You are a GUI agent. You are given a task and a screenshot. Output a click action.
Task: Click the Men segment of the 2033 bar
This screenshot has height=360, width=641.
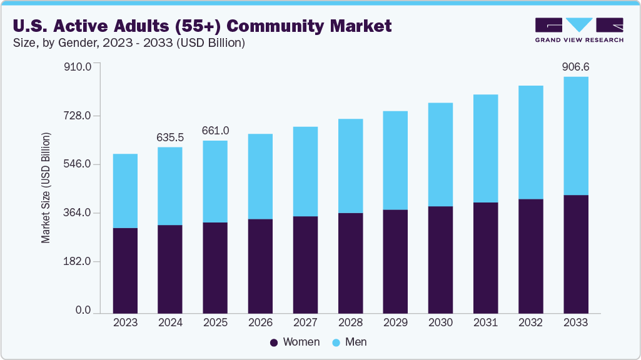[575, 136]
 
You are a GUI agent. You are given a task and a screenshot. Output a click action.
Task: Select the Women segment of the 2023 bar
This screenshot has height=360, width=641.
[125, 270]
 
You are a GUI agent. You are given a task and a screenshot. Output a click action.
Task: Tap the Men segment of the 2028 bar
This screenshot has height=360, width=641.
[350, 166]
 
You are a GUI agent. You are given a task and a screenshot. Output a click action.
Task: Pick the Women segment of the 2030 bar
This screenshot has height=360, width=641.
[440, 259]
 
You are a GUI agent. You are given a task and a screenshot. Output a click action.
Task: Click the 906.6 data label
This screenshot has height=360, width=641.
[575, 66]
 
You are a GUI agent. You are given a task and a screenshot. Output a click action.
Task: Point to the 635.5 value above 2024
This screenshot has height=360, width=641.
[170, 136]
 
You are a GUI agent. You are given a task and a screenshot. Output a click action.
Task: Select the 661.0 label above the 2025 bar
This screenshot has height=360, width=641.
[215, 130]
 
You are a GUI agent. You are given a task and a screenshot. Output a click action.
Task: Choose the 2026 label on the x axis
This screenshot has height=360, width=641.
[260, 322]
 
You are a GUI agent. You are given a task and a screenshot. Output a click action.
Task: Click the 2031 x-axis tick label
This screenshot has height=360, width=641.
[485, 322]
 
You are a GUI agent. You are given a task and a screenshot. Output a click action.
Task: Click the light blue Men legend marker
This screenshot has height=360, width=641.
[336, 342]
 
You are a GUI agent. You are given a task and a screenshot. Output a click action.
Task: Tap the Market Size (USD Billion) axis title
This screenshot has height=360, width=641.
[46, 188]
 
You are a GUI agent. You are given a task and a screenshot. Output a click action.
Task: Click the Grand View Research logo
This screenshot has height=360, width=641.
[578, 30]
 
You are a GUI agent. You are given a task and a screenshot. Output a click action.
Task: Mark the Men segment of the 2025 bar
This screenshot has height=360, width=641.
[215, 181]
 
